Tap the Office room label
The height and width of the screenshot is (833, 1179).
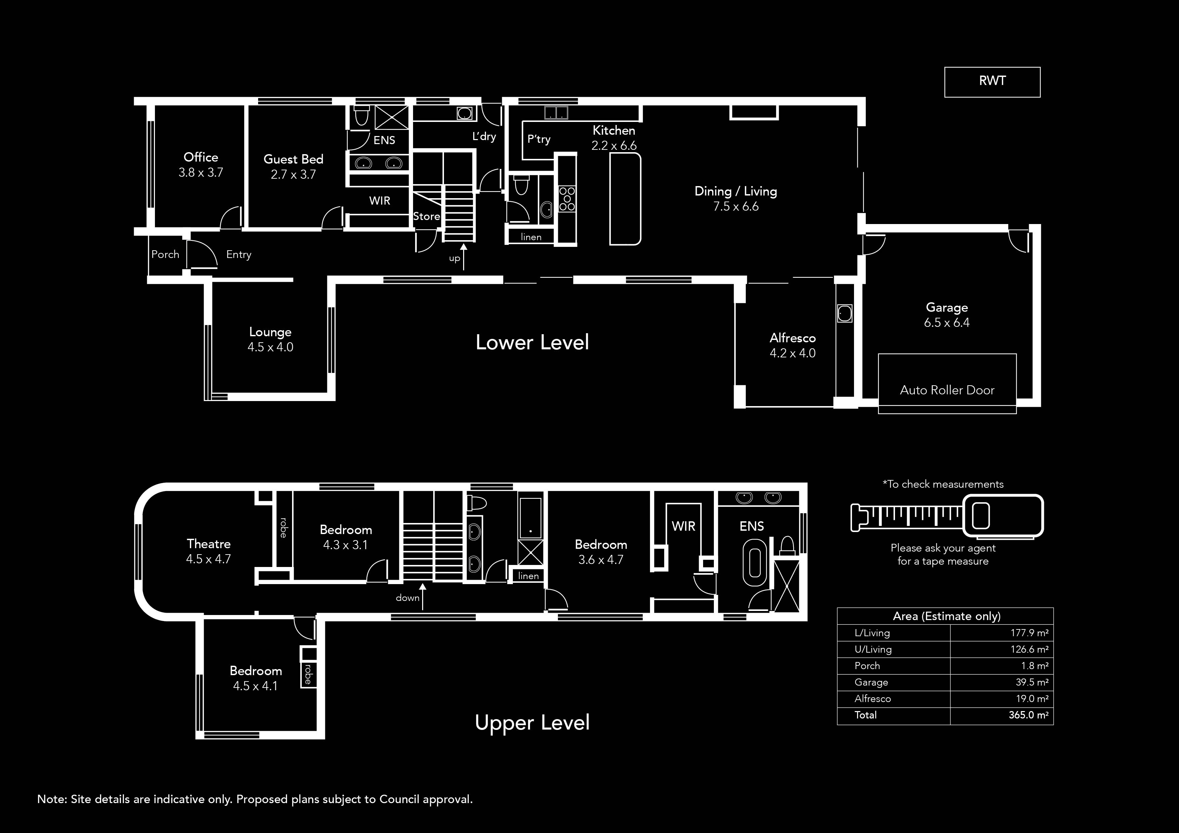click(201, 157)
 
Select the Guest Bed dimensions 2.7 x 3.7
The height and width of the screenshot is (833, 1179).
click(293, 175)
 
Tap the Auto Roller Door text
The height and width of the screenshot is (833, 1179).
click(947, 390)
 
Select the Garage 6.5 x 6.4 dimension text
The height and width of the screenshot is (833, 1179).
click(946, 323)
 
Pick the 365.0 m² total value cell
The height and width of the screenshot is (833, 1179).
click(1028, 715)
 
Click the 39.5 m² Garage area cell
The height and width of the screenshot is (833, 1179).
click(1029, 682)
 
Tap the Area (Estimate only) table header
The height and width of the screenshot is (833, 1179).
click(946, 616)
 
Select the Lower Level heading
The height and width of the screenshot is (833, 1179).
click(532, 342)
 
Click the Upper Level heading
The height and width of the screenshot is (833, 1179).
click(532, 722)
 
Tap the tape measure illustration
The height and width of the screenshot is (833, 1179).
click(946, 516)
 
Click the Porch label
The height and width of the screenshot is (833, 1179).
click(165, 255)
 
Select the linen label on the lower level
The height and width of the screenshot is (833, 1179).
click(531, 237)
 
